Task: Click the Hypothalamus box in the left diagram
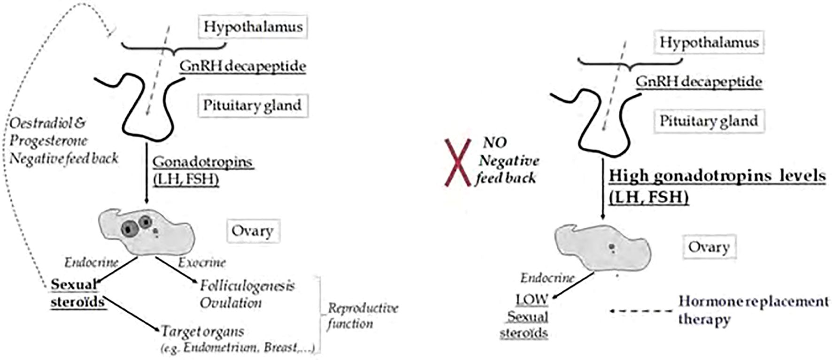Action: (253, 27)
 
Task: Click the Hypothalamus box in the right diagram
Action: (709, 43)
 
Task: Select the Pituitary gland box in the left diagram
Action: (252, 105)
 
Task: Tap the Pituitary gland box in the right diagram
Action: (709, 121)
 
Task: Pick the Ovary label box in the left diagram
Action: (253, 231)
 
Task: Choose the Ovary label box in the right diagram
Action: (709, 247)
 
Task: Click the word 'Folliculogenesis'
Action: (247, 285)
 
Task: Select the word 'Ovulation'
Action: (231, 303)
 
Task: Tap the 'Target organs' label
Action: (203, 332)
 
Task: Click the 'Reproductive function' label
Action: (362, 315)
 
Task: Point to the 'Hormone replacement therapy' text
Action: (753, 310)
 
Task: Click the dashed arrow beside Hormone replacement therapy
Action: (642, 311)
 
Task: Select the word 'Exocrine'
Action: (202, 262)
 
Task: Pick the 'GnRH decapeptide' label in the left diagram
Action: (243, 66)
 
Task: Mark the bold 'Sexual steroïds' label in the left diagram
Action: (77, 293)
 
